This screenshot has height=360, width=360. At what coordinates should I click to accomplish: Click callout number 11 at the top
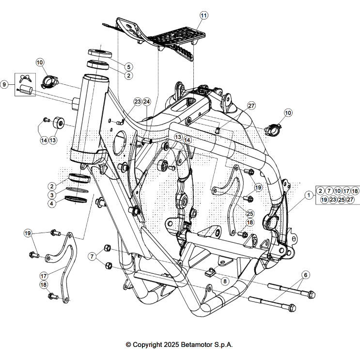pos(203,16)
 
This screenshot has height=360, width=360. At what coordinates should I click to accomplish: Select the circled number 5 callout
pos(128,66)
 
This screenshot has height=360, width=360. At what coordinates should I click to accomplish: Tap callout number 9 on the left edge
pos(5,84)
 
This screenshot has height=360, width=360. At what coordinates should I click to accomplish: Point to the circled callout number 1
pos(309,195)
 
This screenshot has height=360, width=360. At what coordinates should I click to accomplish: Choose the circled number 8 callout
pos(225,281)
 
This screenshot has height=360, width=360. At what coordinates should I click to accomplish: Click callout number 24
pos(147,102)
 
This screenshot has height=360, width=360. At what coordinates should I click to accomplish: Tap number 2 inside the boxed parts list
pos(321,190)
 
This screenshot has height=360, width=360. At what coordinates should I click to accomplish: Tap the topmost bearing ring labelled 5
pos(99,52)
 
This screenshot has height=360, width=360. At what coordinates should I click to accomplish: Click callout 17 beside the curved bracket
pos(43,275)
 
